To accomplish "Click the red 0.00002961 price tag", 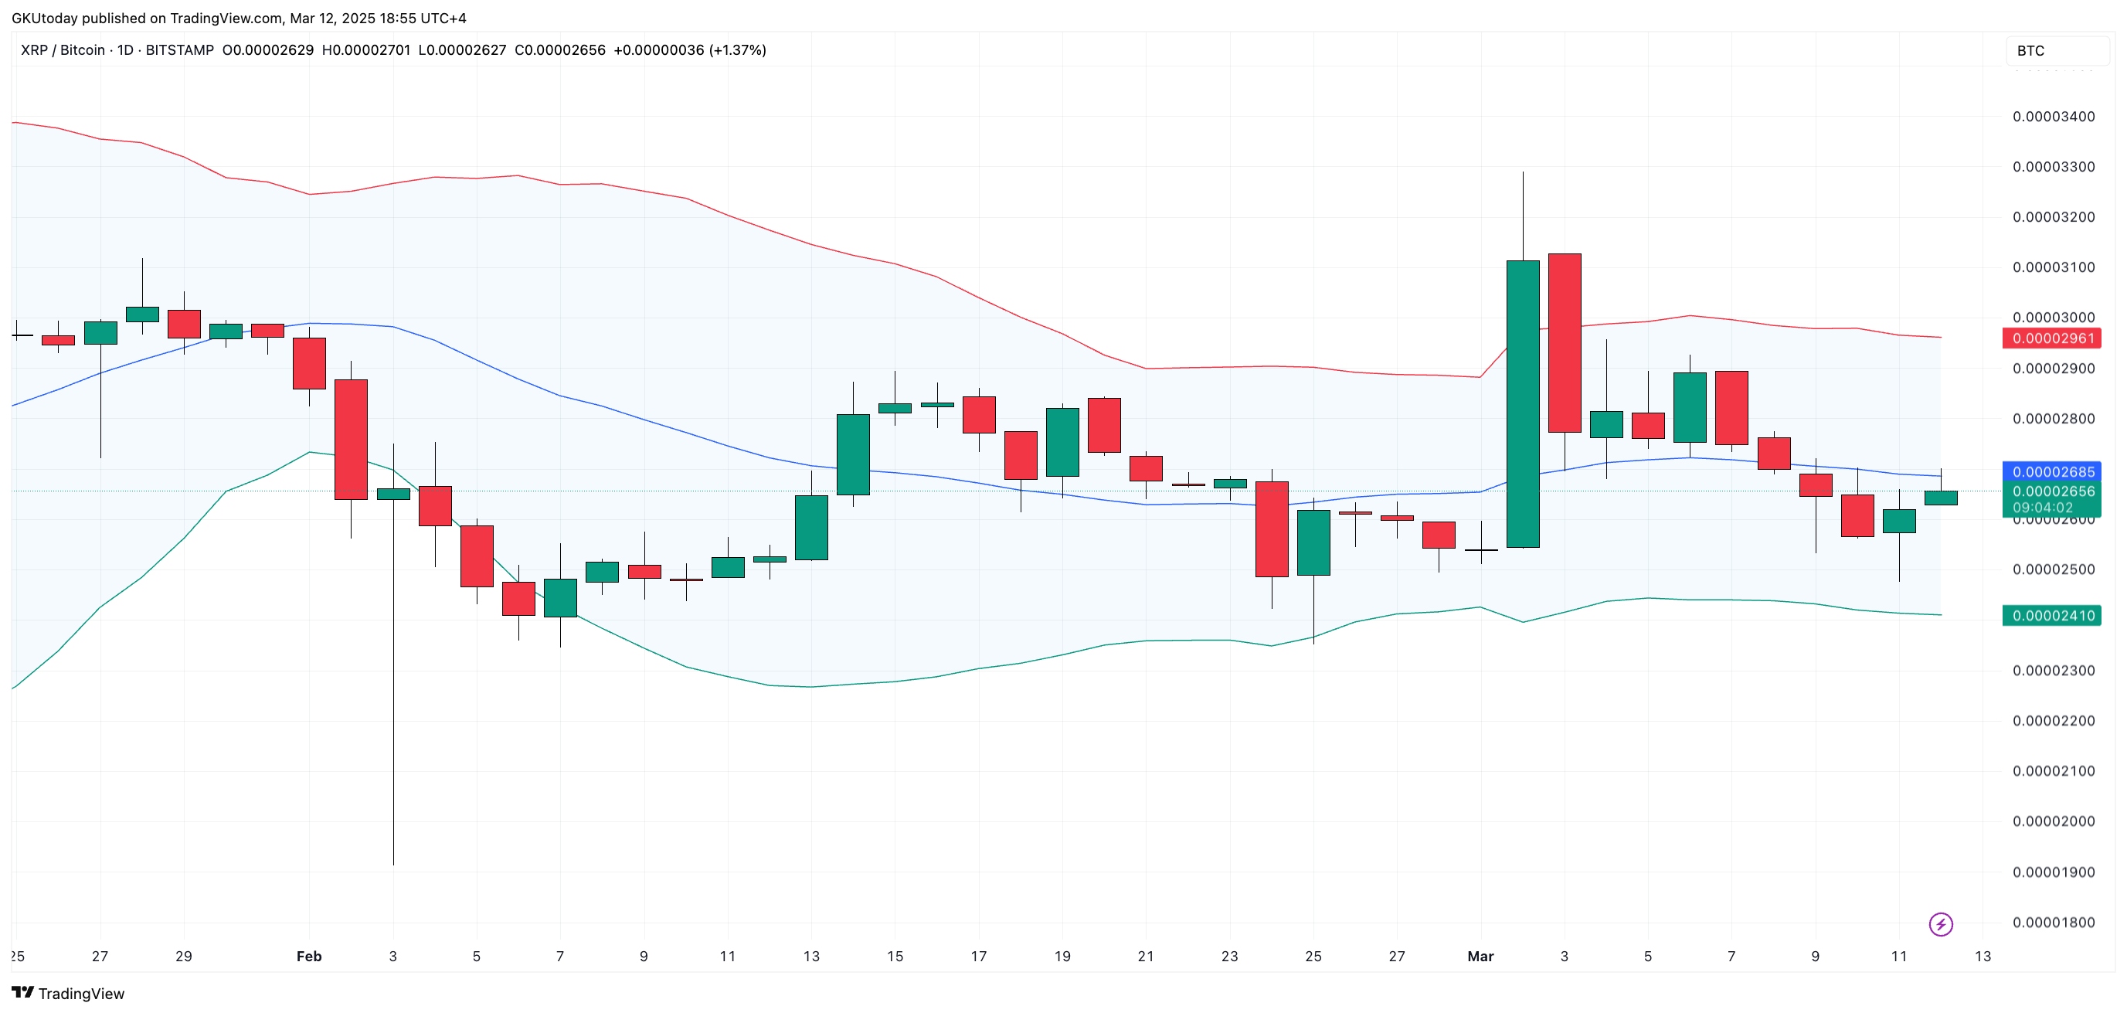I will coord(2052,338).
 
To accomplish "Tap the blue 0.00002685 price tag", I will coord(2052,472).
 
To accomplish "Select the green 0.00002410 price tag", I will coord(2052,616).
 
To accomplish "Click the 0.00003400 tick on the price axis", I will coord(2053,117).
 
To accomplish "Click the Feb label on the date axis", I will coord(309,957).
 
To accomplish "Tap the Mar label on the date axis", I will coord(1480,957).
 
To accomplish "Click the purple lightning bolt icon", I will coord(1940,924).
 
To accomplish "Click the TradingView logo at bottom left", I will coord(68,993).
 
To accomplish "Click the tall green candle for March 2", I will coord(1523,405).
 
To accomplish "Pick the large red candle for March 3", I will coord(1564,342).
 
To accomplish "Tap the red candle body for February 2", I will coord(351,439).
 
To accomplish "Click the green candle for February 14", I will coord(853,454).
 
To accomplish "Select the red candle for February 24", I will coord(1272,529).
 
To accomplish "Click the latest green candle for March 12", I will coord(1940,498).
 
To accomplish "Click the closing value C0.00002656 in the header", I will coord(560,50).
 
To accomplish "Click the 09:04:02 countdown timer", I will coord(2043,508).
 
